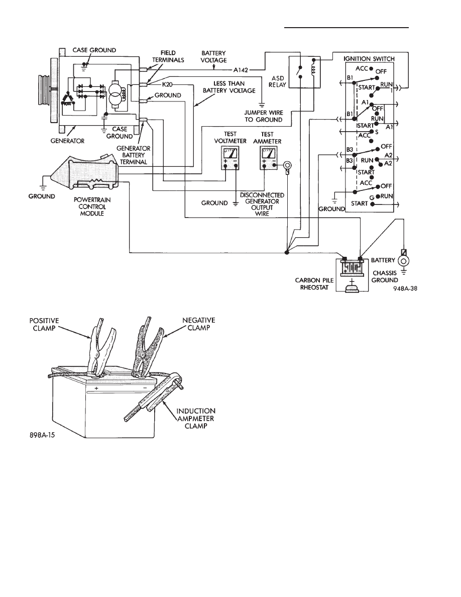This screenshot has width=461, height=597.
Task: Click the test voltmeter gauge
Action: (x=230, y=158)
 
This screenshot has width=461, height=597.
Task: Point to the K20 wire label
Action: (x=167, y=84)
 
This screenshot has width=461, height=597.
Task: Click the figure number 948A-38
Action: (x=405, y=288)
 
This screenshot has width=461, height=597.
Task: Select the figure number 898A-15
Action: (x=42, y=434)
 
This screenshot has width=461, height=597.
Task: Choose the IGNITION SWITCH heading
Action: (x=369, y=59)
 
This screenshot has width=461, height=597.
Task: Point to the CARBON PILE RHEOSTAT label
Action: (x=314, y=283)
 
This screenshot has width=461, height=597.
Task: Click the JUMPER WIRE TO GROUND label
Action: (x=264, y=116)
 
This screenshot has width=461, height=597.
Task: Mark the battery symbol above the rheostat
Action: (x=352, y=266)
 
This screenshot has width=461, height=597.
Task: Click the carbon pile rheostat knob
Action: (x=352, y=286)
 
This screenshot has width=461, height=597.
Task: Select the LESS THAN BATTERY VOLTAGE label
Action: (x=229, y=87)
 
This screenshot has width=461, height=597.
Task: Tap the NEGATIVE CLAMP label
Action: (x=198, y=324)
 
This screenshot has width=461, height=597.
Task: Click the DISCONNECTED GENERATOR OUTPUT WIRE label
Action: (x=262, y=205)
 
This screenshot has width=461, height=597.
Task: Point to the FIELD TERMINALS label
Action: (x=168, y=56)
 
